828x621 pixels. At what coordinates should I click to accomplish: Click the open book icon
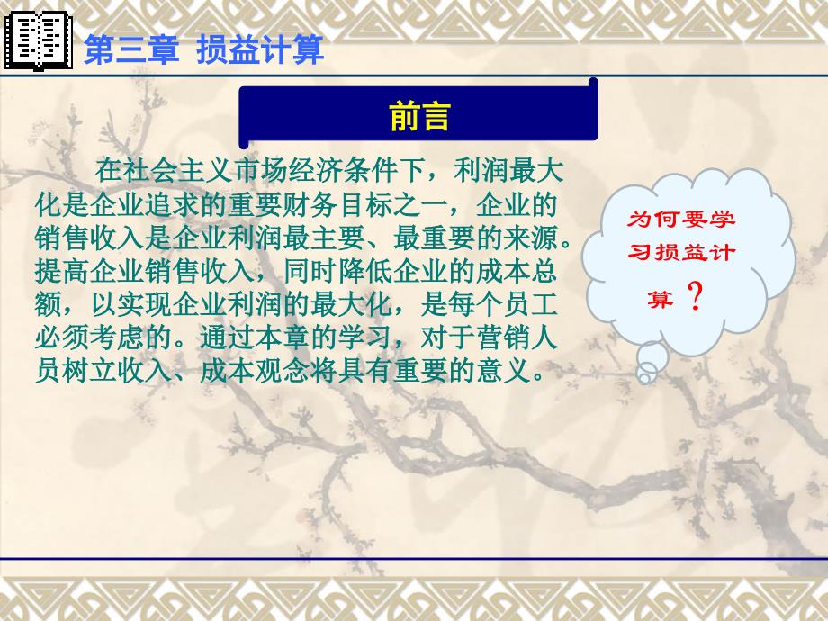point(38,40)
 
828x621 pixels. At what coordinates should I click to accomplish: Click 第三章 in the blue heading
point(131,50)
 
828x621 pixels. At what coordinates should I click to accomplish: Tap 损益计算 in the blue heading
point(260,50)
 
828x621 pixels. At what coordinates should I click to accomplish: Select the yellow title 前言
point(419,116)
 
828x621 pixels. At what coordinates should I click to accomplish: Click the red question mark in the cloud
point(696,296)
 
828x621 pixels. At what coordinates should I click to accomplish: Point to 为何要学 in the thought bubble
point(680,219)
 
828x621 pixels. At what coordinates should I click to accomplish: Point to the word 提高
point(62,272)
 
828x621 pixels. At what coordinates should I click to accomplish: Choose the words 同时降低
point(338,272)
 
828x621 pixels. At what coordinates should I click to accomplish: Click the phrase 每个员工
point(503,305)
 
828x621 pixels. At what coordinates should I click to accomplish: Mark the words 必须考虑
point(90,338)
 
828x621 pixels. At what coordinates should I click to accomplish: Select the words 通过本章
point(255,338)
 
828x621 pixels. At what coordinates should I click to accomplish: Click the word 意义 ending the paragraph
point(503,371)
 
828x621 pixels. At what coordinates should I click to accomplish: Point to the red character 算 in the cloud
point(661,299)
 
